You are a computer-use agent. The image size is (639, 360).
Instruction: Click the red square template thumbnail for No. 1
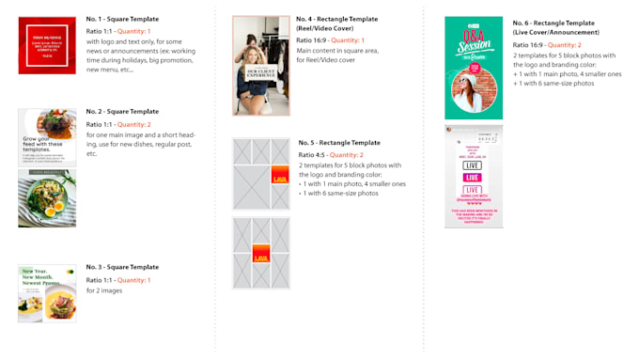coord(47,45)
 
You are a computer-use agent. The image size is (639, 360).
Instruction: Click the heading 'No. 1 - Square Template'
coord(122,19)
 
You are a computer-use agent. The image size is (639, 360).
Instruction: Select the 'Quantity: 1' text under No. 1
coord(133,31)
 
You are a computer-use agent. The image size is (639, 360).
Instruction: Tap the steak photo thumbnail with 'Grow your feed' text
coord(47,137)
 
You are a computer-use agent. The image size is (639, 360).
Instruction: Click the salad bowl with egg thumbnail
coord(47,198)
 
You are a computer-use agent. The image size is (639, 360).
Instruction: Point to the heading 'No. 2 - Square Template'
coord(122,111)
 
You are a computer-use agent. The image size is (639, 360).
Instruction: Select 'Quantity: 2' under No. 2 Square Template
coord(133,124)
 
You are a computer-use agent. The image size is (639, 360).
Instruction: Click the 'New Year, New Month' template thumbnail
coord(47,293)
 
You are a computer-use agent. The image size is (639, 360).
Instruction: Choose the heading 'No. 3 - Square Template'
coord(122,267)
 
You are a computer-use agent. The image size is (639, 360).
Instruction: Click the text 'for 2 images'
coord(104,290)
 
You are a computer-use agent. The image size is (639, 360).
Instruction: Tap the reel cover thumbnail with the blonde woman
coord(261,66)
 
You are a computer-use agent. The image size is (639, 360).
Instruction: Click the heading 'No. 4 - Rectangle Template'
coord(337,19)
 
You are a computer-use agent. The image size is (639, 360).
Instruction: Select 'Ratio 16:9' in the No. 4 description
coord(313,40)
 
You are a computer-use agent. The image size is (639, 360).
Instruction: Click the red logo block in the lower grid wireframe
coord(261,255)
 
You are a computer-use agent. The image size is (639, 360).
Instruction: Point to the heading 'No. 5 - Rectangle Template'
coord(339,143)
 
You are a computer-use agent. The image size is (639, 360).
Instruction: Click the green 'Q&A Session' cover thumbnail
coord(474,68)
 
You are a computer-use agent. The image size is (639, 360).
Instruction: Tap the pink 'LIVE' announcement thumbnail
coord(474,177)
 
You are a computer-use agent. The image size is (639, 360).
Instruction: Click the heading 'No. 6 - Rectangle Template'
coord(553,23)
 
